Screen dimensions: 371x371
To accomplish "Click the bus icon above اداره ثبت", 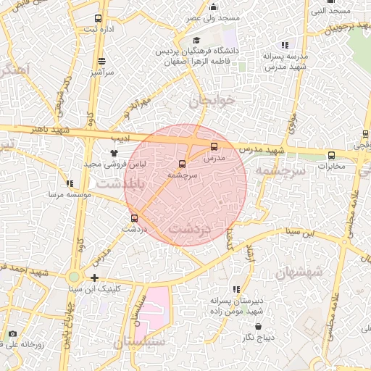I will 99,19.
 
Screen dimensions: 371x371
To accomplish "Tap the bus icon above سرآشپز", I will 101,62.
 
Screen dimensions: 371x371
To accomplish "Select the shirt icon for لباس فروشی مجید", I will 114,153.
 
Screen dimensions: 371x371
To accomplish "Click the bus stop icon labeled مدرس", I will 213,146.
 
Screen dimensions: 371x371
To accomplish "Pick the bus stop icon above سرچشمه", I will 182,164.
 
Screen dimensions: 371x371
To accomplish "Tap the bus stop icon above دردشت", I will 134,217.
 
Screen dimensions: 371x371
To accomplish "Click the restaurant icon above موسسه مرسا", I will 70,184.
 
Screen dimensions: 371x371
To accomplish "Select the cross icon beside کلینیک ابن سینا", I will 94,278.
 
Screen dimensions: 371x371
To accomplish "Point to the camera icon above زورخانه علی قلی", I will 12,334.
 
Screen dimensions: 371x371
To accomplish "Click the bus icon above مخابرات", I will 331,154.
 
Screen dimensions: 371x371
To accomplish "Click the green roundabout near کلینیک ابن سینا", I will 73,277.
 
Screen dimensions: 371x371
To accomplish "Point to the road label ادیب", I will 118,136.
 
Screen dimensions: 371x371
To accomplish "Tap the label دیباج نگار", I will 260,337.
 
